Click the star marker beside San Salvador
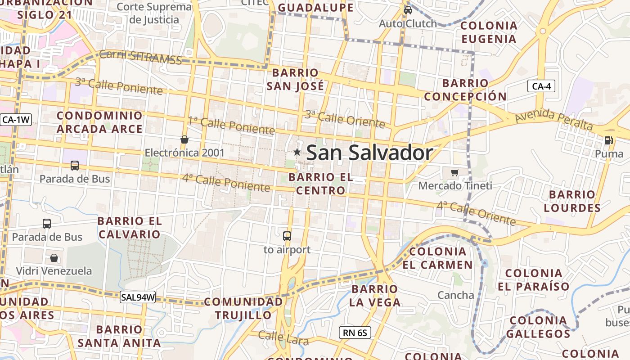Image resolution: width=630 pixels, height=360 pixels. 297,152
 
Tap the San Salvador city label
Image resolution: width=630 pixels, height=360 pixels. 369,153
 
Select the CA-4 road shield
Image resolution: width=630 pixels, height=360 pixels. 541,86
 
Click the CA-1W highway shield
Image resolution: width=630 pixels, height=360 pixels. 16,120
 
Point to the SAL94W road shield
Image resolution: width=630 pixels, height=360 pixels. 138,297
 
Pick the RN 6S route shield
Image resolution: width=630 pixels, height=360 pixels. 355,333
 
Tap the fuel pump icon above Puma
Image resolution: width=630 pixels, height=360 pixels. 608,140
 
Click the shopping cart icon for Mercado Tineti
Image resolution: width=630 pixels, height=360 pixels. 455,172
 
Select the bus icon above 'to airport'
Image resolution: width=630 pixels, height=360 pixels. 287,236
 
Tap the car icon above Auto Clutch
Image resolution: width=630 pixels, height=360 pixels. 408,10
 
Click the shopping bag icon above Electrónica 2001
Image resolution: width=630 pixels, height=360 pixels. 184,139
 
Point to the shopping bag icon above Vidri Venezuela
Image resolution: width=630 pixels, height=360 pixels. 54,258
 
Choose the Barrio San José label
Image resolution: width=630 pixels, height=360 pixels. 295,79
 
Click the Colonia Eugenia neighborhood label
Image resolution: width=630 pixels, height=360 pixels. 489,32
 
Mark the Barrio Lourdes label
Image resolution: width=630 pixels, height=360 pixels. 572,201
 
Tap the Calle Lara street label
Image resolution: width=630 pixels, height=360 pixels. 283,337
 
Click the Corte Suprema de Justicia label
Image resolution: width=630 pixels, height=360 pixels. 154,13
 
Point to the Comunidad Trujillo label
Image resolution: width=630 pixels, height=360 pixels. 243,308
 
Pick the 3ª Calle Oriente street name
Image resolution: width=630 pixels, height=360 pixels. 345,118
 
